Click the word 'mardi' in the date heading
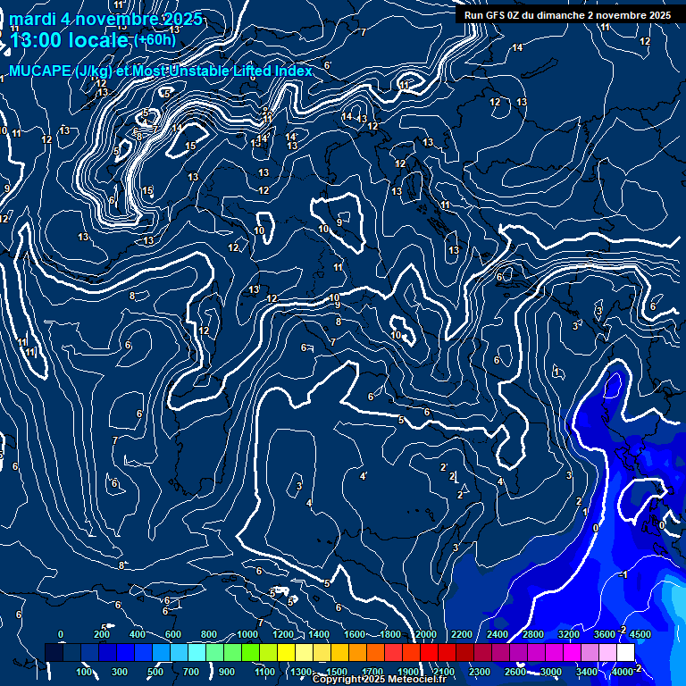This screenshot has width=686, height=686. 32,19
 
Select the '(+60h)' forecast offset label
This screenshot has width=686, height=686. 155,40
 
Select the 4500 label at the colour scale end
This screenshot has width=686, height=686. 640,634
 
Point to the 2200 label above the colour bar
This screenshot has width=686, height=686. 461,634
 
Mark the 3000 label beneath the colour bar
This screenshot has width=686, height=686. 550,672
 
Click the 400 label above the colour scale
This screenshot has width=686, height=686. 138,634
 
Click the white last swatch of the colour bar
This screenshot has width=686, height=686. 625,653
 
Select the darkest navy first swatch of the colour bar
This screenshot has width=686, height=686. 54,653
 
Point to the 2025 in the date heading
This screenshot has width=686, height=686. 177,19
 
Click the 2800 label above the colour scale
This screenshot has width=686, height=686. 532,634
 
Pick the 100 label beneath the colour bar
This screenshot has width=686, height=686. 85,672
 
